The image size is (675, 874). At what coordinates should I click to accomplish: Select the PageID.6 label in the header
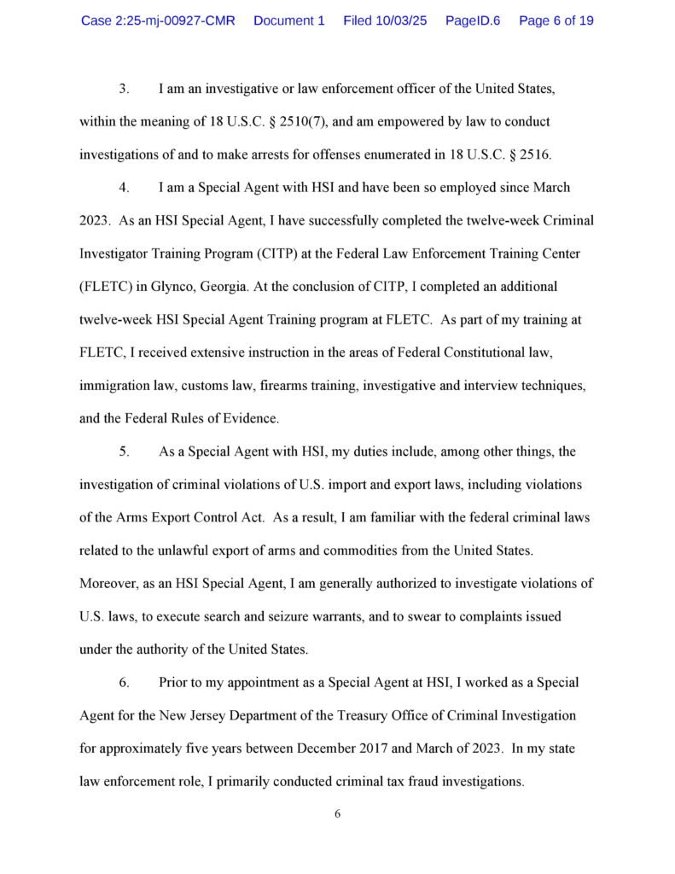pyautogui.click(x=473, y=20)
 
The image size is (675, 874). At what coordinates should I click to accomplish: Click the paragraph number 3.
pyautogui.click(x=123, y=89)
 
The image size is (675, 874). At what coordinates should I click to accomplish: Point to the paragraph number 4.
pyautogui.click(x=123, y=187)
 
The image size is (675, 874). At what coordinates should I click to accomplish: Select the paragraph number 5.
pyautogui.click(x=123, y=452)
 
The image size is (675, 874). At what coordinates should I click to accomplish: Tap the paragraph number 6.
pyautogui.click(x=123, y=683)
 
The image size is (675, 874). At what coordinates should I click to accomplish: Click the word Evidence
pyautogui.click(x=252, y=419)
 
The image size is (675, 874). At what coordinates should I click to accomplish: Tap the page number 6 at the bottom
pyautogui.click(x=338, y=814)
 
